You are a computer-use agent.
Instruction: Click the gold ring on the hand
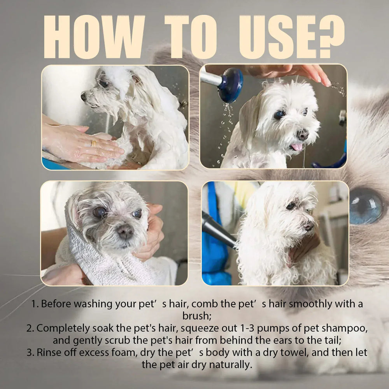[x=93, y=143]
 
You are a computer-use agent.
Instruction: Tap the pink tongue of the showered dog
[x=296, y=147]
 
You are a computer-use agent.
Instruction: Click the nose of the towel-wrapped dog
[x=125, y=232]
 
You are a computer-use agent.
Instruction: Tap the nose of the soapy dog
[x=84, y=96]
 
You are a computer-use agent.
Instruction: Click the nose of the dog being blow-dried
[x=308, y=226]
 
